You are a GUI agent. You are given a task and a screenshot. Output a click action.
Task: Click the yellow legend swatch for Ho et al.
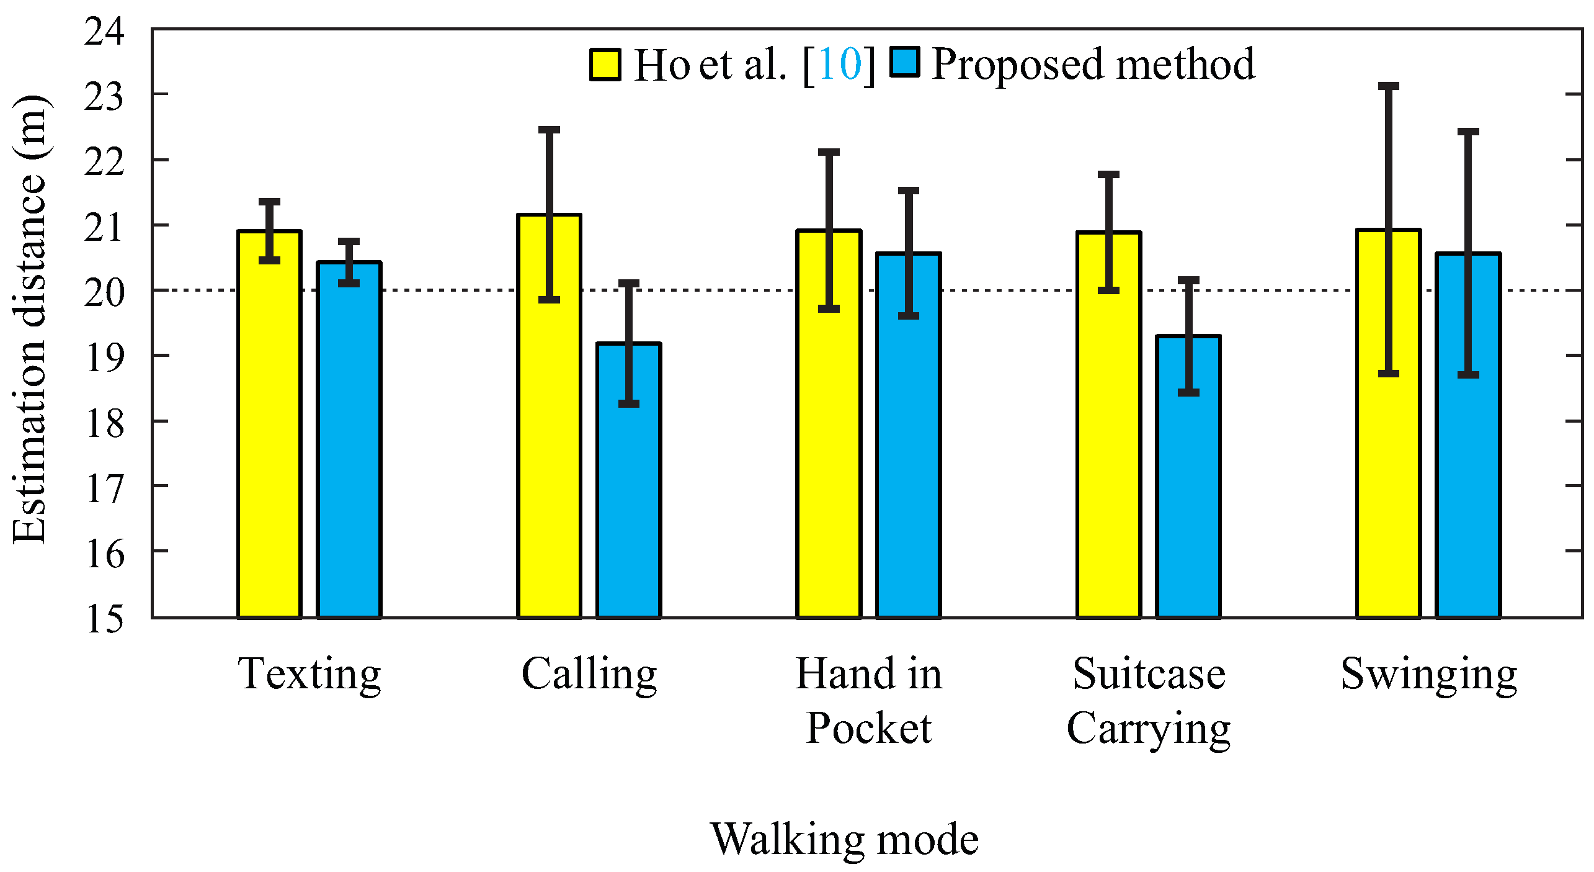605,65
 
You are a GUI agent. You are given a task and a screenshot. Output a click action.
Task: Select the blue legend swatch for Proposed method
904,62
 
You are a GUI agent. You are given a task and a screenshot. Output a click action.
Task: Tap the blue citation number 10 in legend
839,64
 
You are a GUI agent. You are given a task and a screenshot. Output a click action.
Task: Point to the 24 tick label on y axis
104,31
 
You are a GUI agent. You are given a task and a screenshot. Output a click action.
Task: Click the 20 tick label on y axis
104,292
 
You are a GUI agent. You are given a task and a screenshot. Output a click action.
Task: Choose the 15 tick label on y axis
104,619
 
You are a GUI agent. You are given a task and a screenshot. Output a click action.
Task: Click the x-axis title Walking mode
844,839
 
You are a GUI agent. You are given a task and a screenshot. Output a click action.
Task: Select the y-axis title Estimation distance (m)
30,320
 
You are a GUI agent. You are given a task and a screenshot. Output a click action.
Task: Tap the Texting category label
309,675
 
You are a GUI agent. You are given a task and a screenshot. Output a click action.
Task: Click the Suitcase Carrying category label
1149,701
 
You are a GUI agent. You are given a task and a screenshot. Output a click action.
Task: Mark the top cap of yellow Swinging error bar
1388,86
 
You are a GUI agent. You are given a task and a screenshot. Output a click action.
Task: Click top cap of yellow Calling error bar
549,130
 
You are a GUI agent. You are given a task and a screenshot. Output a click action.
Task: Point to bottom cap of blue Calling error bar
628,404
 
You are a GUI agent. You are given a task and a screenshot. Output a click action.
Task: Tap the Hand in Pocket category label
868,701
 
